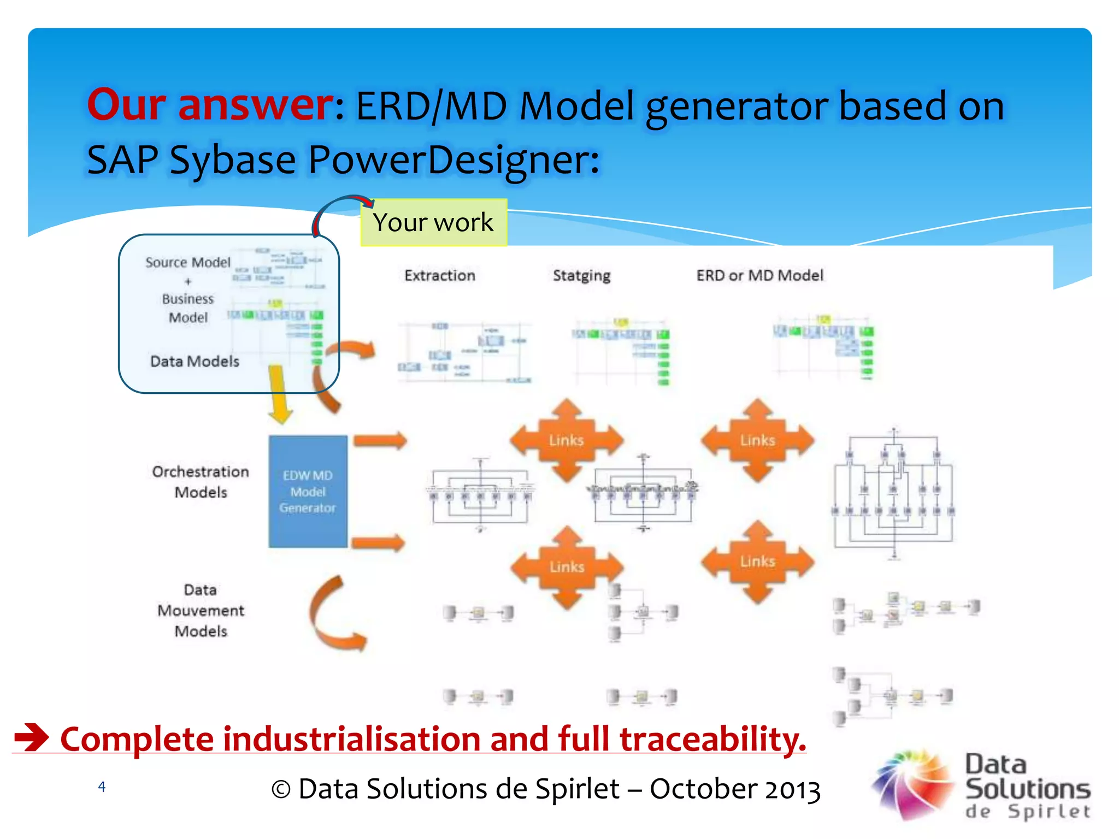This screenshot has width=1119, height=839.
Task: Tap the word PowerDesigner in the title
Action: click(x=454, y=159)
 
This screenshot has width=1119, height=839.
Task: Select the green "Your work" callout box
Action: click(x=433, y=222)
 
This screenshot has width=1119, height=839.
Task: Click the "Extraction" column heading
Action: click(x=440, y=275)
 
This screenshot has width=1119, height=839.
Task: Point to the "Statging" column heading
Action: click(x=581, y=275)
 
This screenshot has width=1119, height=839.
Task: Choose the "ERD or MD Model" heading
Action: click(x=759, y=275)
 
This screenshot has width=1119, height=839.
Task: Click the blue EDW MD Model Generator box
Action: click(x=308, y=492)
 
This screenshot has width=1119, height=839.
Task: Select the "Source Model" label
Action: click(x=188, y=262)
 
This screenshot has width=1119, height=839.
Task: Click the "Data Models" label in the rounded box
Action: click(x=195, y=361)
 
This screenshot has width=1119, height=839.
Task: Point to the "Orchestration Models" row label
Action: click(x=201, y=481)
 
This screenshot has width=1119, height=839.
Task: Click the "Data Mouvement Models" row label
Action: click(x=201, y=610)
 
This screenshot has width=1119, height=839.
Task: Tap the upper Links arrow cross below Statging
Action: click(x=567, y=440)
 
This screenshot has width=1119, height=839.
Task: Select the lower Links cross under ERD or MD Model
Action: click(x=757, y=562)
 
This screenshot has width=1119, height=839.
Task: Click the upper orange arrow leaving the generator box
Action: click(x=380, y=440)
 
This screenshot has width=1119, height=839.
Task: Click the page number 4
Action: click(x=102, y=787)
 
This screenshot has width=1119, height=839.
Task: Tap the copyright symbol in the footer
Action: click(x=281, y=789)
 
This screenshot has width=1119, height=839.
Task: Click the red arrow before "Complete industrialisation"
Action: click(x=32, y=737)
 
